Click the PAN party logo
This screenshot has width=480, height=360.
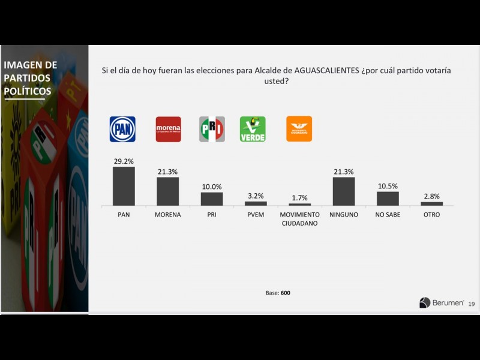pyautogui.click(x=122, y=129)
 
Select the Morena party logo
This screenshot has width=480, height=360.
pyautogui.click(x=168, y=129)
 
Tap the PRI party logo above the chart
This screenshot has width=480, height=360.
pyautogui.click(x=212, y=129)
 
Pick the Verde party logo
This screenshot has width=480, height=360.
pyautogui.click(x=253, y=129)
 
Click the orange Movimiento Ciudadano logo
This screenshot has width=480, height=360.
pyautogui.click(x=299, y=129)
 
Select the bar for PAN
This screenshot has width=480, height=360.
pyautogui.click(x=124, y=186)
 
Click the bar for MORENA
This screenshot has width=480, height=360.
pyautogui.click(x=168, y=191)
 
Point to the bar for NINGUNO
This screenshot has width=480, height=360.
pyautogui.click(x=344, y=191)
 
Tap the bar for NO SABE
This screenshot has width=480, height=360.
pyautogui.click(x=388, y=198)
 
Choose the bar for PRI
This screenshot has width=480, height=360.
pyautogui.click(x=212, y=199)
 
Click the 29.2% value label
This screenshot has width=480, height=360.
pyautogui.click(x=124, y=161)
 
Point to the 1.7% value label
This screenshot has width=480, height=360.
pyautogui.click(x=300, y=197)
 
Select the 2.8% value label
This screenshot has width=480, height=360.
pyautogui.click(x=431, y=196)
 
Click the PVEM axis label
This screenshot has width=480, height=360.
pyautogui.click(x=256, y=215)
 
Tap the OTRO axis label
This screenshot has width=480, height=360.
pyautogui.click(x=431, y=215)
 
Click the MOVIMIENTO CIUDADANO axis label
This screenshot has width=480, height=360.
pyautogui.click(x=300, y=219)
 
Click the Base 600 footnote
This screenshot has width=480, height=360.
pyautogui.click(x=278, y=293)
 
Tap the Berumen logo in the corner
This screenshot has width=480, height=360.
pyautogui.click(x=442, y=303)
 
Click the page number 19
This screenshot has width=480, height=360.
pyautogui.click(x=472, y=304)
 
